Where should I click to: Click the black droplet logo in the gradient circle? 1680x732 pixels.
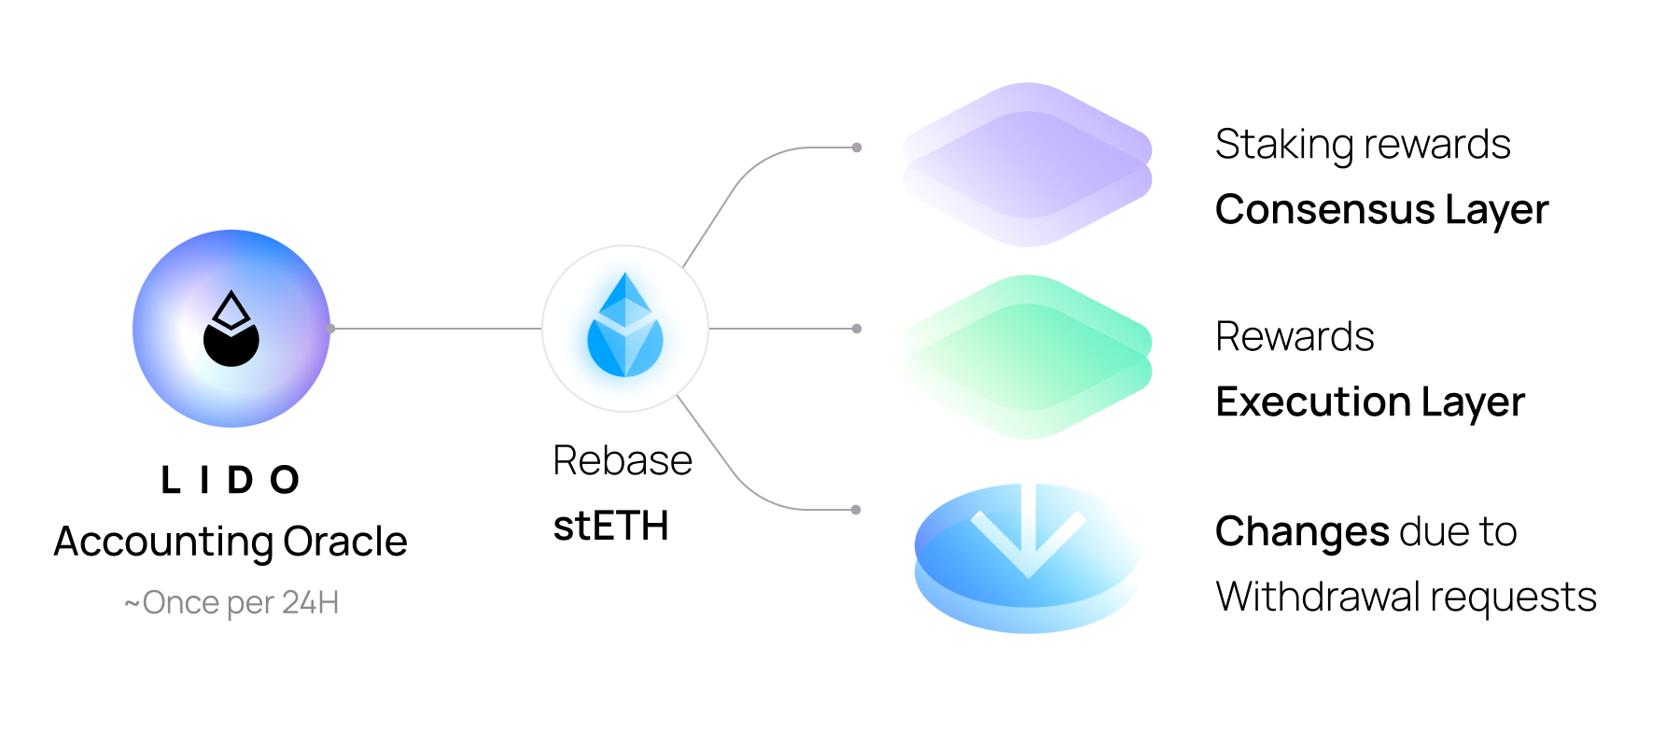click(x=231, y=345)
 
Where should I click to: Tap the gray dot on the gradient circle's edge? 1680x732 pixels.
click(x=330, y=329)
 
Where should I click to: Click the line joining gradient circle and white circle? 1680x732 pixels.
click(x=436, y=329)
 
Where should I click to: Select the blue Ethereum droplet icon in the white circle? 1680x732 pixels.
click(x=624, y=327)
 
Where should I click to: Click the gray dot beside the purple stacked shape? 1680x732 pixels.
click(x=857, y=148)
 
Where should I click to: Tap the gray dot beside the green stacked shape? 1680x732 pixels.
click(x=857, y=329)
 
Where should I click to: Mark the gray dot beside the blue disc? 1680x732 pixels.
click(x=856, y=510)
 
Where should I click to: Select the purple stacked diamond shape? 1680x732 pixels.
click(x=1027, y=164)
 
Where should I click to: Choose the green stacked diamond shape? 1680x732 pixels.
click(x=1027, y=357)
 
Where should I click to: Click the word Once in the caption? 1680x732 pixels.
click(x=181, y=603)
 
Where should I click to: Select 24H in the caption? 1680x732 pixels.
click(x=310, y=603)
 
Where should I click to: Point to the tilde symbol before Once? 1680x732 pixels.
click(x=132, y=603)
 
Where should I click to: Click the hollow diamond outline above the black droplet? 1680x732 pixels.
click(x=231, y=309)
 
